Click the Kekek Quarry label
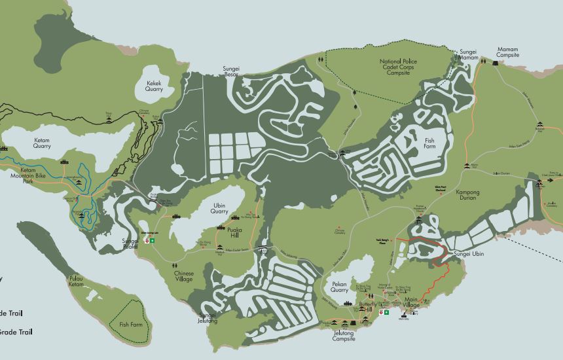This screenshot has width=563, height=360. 154,86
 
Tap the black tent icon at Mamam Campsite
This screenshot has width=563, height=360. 484,62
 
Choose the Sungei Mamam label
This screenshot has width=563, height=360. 468,54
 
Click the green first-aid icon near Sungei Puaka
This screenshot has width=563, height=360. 153,241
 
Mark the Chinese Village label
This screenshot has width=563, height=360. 183,276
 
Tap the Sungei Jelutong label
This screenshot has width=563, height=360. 208,317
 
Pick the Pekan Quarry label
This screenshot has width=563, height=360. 339,288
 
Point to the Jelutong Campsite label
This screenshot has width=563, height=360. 344,336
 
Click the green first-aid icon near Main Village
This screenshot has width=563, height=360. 386,313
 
